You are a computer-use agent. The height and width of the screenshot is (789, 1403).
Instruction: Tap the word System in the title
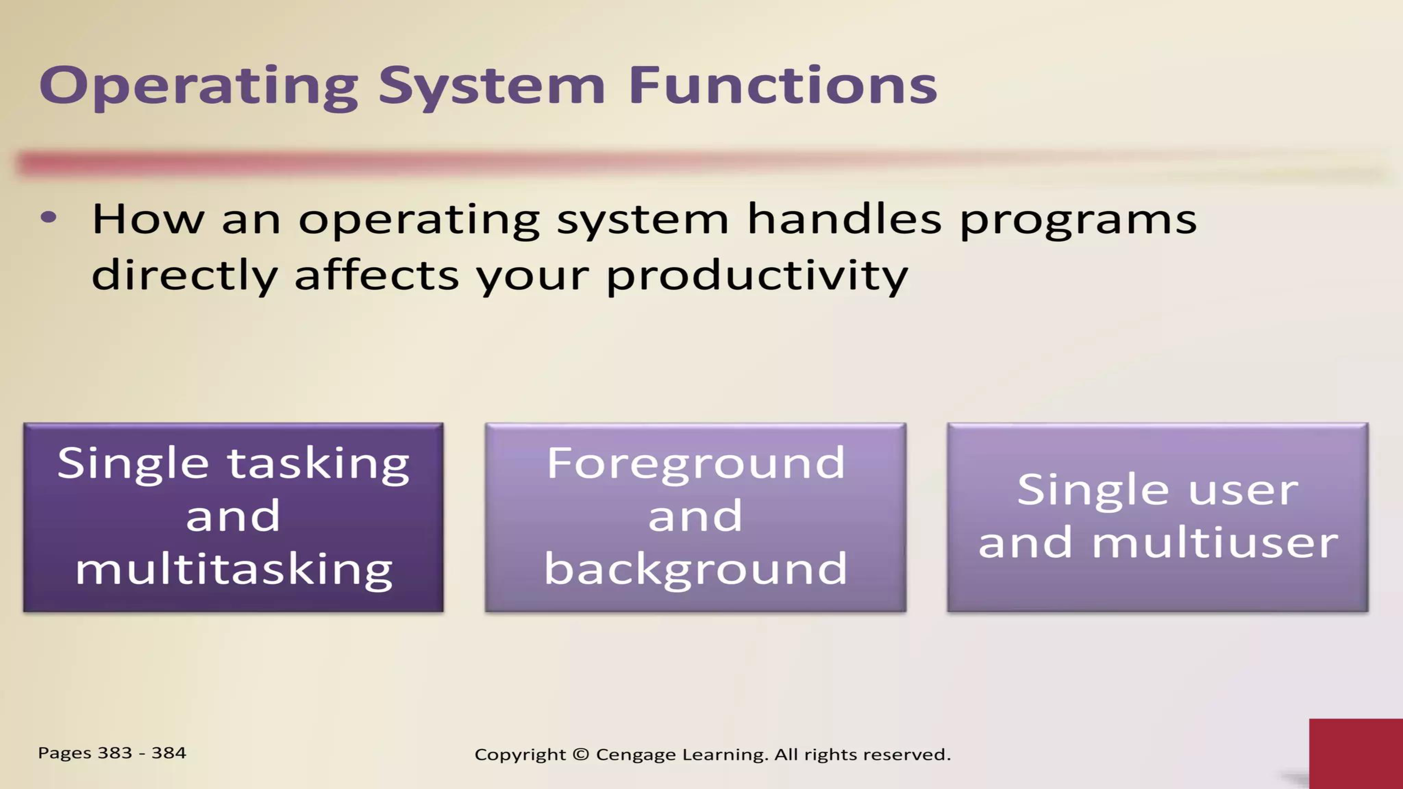click(492, 87)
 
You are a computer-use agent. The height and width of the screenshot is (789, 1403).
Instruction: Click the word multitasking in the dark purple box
click(234, 570)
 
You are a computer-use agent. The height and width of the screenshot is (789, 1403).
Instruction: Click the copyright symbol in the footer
click(581, 755)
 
